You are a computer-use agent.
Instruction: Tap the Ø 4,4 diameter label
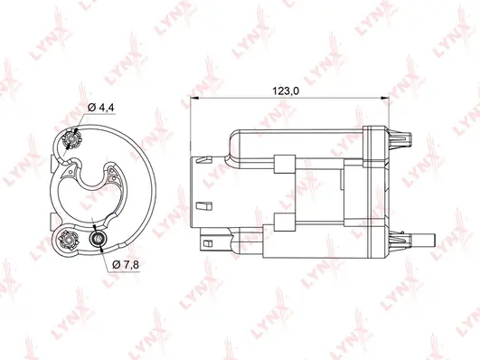tap(101, 109)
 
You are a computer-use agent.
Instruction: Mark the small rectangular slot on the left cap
tap(209, 204)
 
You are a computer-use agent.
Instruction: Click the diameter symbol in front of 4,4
tap(92, 109)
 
